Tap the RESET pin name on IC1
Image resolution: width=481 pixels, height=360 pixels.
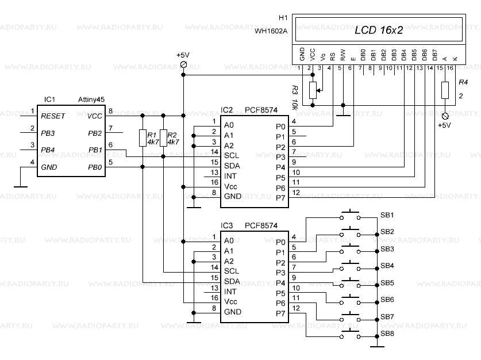[x=53, y=116]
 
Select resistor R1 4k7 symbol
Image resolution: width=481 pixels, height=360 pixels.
[x=142, y=138]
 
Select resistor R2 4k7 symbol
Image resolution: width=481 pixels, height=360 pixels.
[x=163, y=138]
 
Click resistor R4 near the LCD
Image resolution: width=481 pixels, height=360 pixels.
[x=444, y=90]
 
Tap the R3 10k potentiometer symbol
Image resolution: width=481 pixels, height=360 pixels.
[x=313, y=90]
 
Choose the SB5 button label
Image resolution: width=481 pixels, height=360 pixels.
[x=387, y=283]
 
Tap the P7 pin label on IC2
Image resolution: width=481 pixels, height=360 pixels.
[x=280, y=198]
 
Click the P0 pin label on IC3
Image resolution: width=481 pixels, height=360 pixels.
[x=280, y=242]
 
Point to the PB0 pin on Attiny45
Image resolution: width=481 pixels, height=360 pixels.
[x=95, y=167]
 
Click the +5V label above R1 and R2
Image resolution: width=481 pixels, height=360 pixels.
[x=183, y=55]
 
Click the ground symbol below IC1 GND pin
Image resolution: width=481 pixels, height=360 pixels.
[x=20, y=186]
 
